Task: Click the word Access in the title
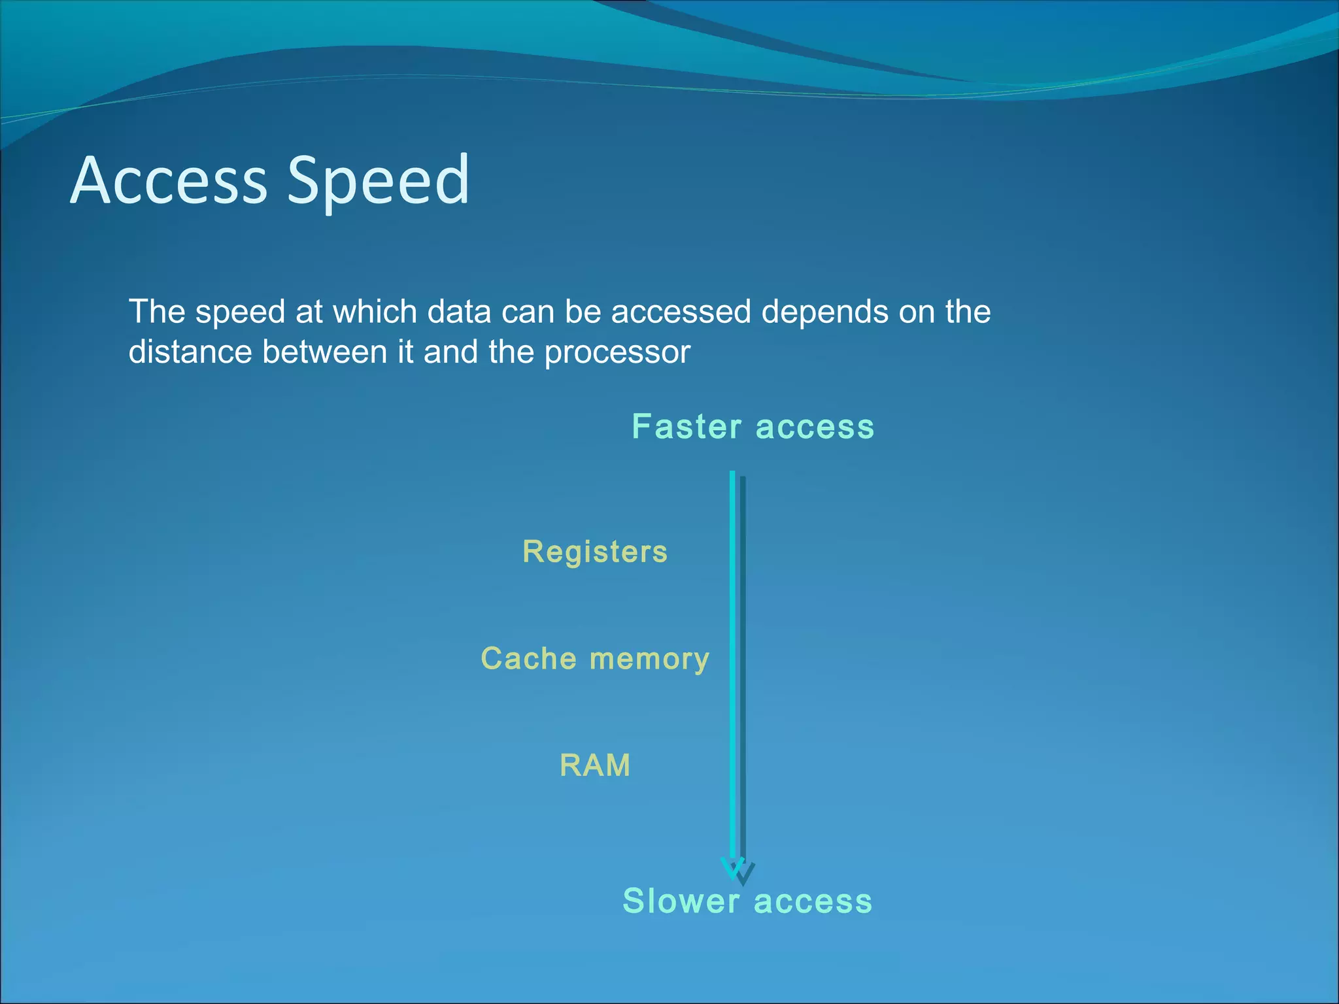tap(169, 180)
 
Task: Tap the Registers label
tap(595, 552)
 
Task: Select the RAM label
tap(595, 765)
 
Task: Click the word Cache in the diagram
tap(528, 658)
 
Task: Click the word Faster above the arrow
tap(686, 427)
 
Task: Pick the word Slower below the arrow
tap(681, 901)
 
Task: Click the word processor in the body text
tap(617, 352)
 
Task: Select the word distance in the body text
tap(190, 352)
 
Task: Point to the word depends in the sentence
tap(824, 312)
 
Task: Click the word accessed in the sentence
tap(681, 312)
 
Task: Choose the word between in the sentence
tap(325, 352)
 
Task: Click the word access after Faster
tap(815, 427)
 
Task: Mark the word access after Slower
tap(813, 901)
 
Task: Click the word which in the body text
tap(375, 312)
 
